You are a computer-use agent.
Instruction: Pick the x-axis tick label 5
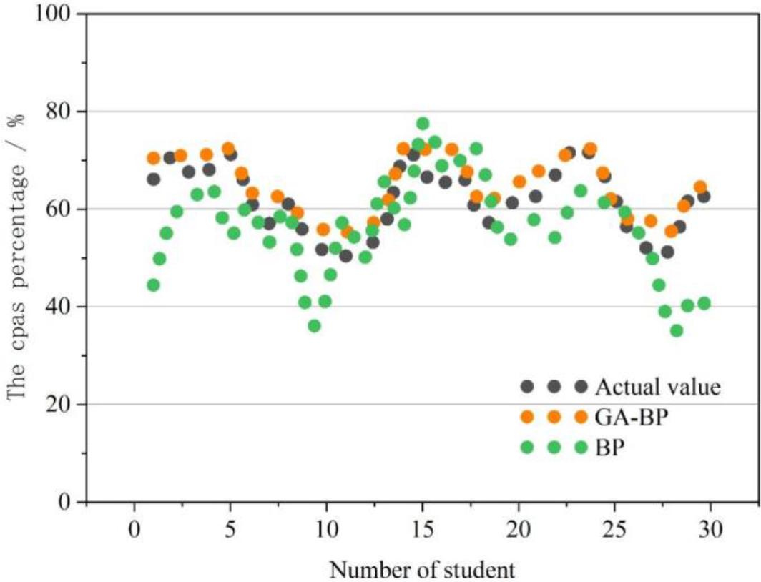[230, 531]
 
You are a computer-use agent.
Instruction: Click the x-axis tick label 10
[326, 531]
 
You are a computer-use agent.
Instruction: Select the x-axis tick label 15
[422, 531]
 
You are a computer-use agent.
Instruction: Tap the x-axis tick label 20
[518, 531]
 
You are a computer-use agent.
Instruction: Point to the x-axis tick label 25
[614, 531]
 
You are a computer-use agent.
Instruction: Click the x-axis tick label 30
[710, 531]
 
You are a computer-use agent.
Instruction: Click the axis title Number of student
[422, 570]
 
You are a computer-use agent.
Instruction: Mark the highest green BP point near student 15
[423, 124]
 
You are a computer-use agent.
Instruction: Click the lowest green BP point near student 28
[677, 330]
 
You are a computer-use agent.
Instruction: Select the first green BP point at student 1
[153, 285]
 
